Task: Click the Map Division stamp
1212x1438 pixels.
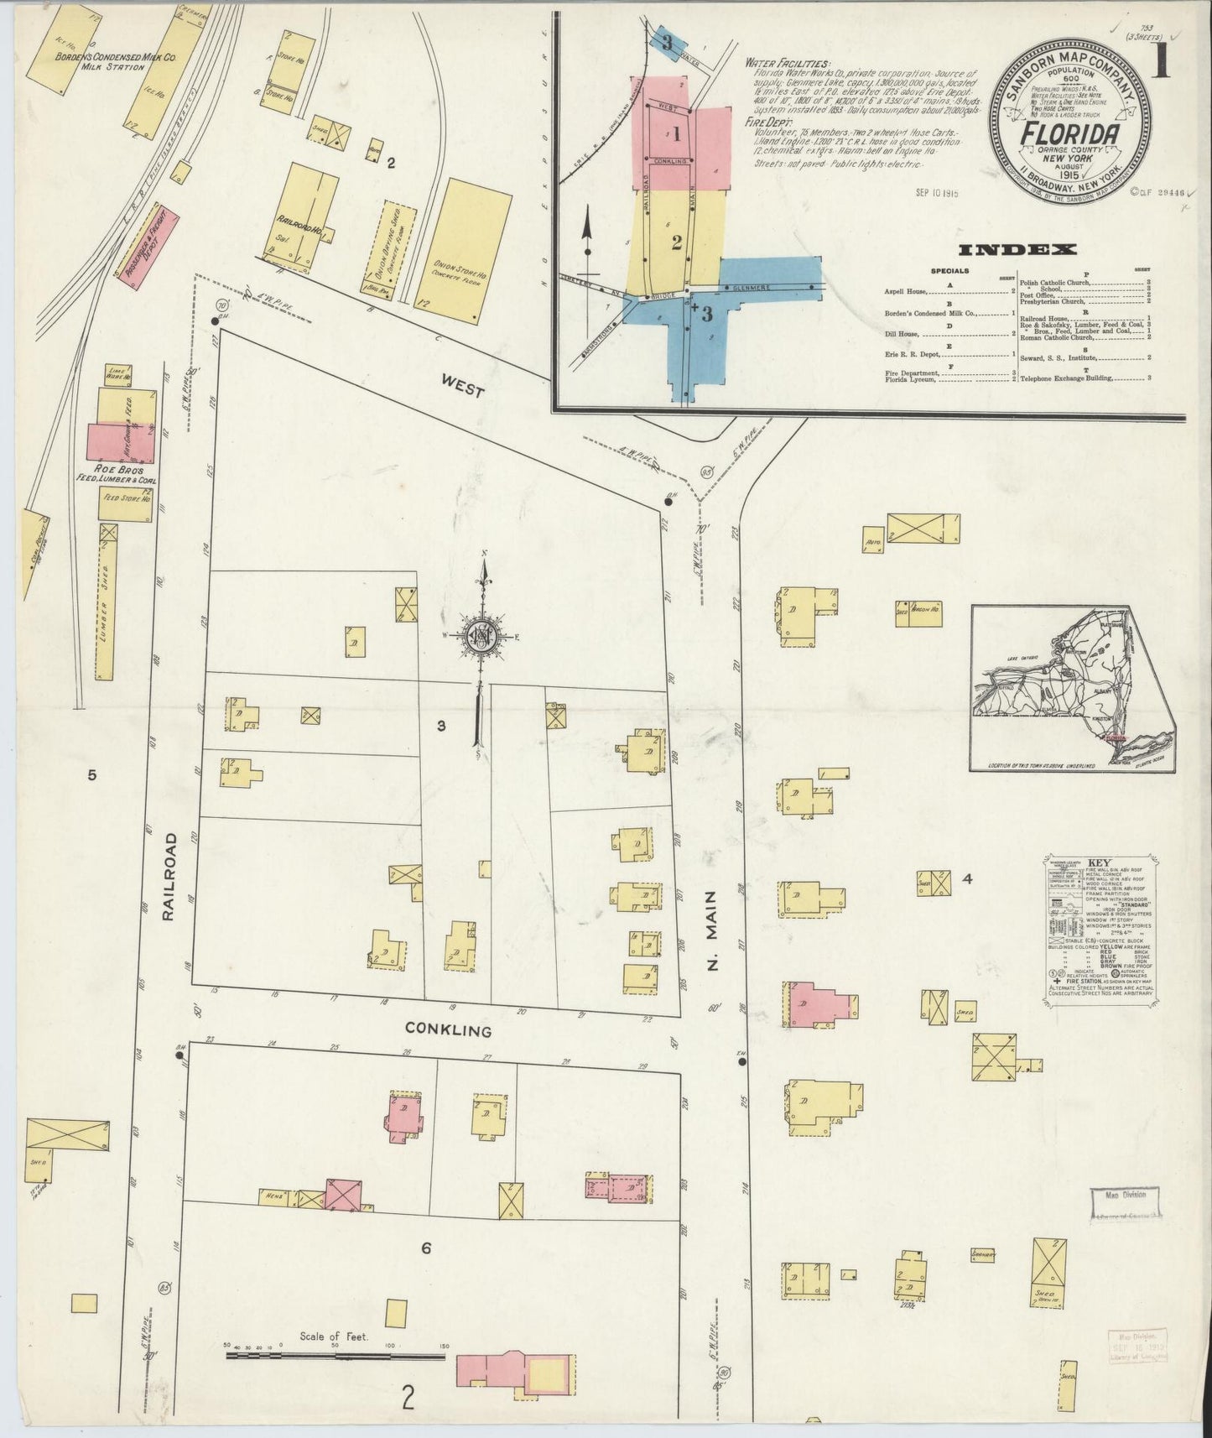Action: [x=1124, y=1200]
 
